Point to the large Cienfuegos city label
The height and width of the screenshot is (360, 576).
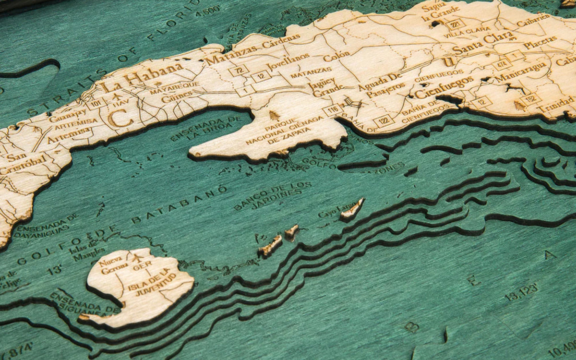pyautogui.click(x=444, y=86)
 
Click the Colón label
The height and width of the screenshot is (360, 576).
pyautogui.click(x=336, y=57)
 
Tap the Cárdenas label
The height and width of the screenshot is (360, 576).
pyautogui.click(x=281, y=41)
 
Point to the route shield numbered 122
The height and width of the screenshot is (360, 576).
pyautogui.click(x=384, y=120)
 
